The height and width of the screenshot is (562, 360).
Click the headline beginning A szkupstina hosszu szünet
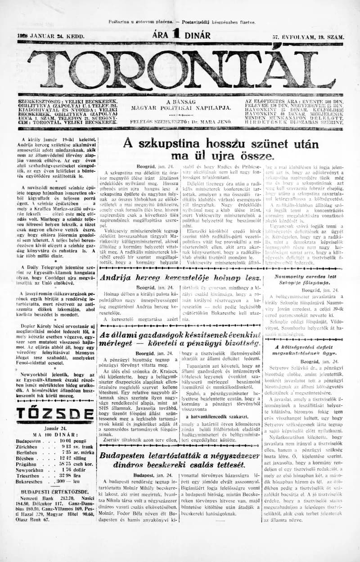point(220,150)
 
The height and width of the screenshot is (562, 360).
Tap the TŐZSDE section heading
point(55,413)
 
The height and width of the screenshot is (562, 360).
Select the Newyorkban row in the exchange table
point(55,470)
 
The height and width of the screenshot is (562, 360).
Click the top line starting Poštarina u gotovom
point(181,22)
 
